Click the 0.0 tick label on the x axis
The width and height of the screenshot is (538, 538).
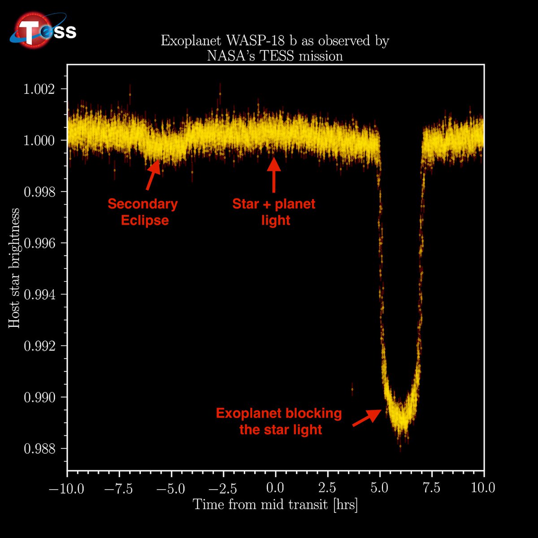tap(275, 488)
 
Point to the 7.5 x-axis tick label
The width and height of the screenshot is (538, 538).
tap(432, 488)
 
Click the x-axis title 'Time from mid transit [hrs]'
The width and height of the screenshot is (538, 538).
tap(275, 504)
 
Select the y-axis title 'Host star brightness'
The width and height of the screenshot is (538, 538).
tap(15, 268)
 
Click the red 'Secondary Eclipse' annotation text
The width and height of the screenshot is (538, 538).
tap(143, 212)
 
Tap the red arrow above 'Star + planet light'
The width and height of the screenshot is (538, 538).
tap(274, 175)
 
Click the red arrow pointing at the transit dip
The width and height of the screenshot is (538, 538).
tap(367, 418)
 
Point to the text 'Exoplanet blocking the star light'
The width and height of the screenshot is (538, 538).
tap(279, 421)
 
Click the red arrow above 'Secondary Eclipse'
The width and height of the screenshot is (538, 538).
tap(153, 175)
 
